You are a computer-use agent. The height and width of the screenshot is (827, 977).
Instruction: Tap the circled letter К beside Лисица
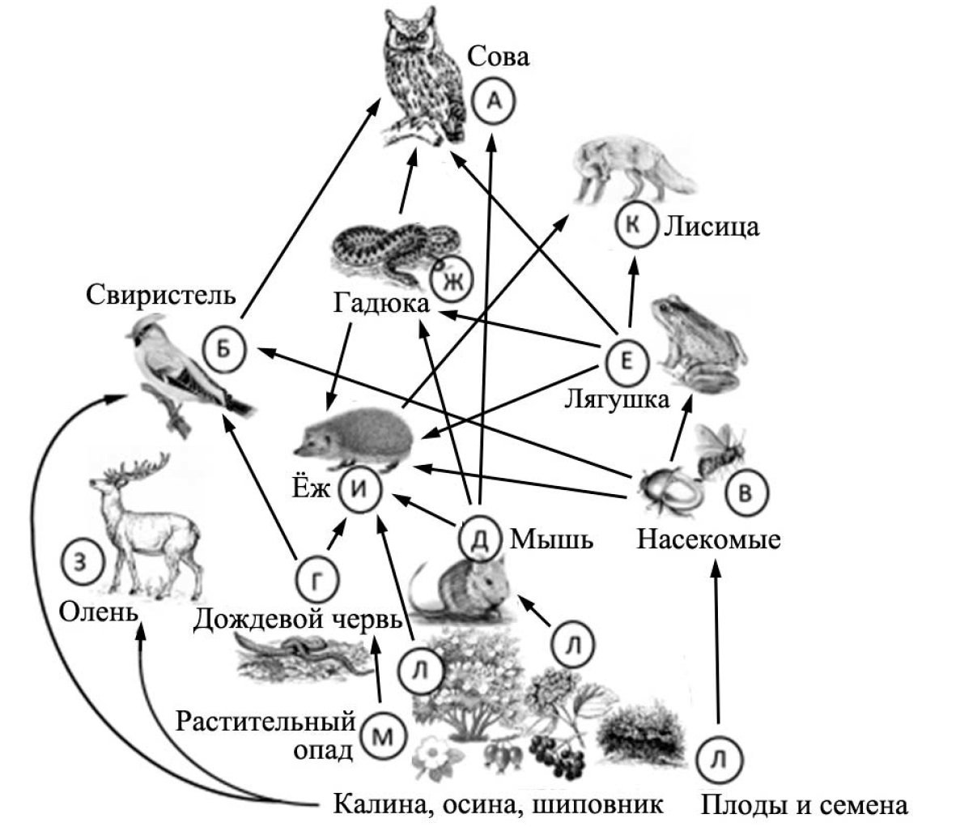pos(635,226)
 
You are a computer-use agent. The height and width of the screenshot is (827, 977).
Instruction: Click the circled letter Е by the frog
pos(626,362)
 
